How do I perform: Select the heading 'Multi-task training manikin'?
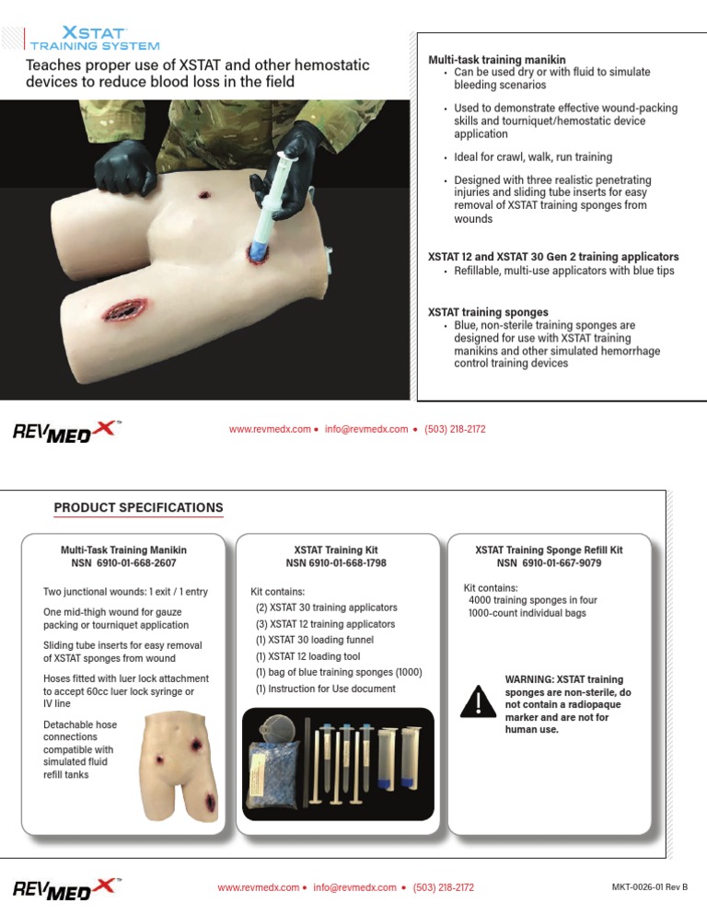click(x=497, y=59)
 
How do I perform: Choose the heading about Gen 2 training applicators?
click(x=554, y=256)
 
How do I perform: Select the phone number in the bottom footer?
click(x=444, y=887)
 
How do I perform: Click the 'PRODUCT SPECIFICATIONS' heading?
click(x=138, y=507)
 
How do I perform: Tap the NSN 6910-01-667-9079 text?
click(x=549, y=563)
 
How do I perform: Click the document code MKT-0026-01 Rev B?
click(x=649, y=887)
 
